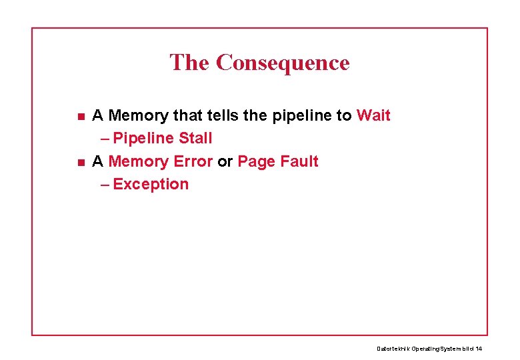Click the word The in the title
189,63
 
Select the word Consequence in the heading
283,63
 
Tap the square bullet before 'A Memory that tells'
80,117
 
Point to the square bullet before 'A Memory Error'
80,162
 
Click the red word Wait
373,115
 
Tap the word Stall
195,138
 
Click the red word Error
193,161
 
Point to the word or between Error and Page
225,161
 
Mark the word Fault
299,161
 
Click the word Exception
151,184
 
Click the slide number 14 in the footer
479,349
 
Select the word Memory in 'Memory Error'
138,161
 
